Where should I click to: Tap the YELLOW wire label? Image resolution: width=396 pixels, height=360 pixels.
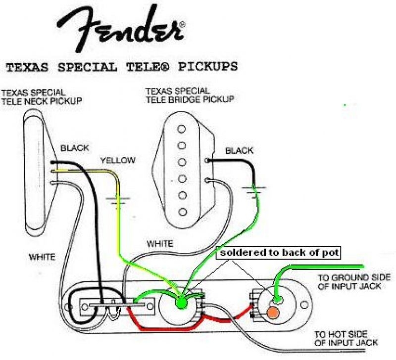(117, 160)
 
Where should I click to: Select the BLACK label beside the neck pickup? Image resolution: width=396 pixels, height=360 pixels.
(75, 148)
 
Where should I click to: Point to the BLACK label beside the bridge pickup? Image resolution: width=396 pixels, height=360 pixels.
(240, 151)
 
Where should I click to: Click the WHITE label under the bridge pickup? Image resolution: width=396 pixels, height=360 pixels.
(160, 244)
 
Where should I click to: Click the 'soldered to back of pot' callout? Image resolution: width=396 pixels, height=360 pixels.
(280, 253)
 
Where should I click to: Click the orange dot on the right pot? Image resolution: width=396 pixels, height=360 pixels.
(272, 313)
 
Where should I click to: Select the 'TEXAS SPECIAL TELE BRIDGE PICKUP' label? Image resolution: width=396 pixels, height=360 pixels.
(190, 95)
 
